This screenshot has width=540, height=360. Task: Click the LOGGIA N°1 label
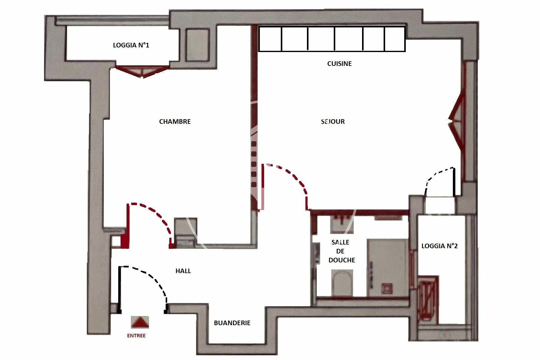pyautogui.click(x=131, y=45)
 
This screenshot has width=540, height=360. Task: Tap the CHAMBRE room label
pyautogui.click(x=175, y=122)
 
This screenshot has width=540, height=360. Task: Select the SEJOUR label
pyautogui.click(x=333, y=122)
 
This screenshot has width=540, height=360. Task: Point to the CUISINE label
pyautogui.click(x=339, y=64)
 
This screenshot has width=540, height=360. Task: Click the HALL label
pyautogui.click(x=183, y=271)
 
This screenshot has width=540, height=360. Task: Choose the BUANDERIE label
pyautogui.click(x=232, y=323)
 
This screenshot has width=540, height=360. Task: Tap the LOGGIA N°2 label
pyautogui.click(x=439, y=246)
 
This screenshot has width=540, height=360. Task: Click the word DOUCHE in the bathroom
pyautogui.click(x=342, y=260)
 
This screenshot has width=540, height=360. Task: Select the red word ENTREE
pyautogui.click(x=136, y=336)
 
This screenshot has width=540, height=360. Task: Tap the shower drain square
pyautogui.click(x=386, y=288)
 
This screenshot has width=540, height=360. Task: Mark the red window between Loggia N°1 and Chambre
pyautogui.click(x=142, y=71)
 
